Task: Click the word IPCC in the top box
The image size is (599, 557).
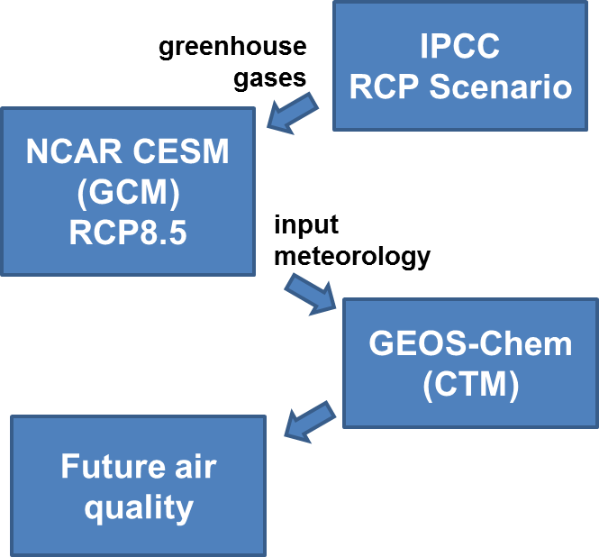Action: (460, 45)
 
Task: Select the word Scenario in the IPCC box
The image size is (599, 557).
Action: (501, 87)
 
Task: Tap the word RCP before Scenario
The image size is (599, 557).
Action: (384, 87)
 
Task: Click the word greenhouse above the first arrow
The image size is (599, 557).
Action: (232, 48)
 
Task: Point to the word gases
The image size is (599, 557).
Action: (269, 79)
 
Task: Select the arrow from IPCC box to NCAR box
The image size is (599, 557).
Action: (292, 114)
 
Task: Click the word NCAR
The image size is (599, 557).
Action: (74, 151)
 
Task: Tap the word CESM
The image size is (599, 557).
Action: (181, 151)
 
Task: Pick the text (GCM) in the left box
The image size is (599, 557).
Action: (128, 192)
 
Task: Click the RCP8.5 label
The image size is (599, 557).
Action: (128, 233)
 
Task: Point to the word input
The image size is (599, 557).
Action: (306, 225)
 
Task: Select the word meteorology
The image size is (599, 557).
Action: (352, 257)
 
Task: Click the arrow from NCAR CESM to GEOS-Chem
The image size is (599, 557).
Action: (310, 295)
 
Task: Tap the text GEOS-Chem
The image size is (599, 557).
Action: (470, 343)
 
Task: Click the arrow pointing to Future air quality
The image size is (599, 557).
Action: (310, 422)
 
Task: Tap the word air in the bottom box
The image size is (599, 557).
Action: (196, 466)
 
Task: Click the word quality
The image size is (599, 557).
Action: (139, 508)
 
